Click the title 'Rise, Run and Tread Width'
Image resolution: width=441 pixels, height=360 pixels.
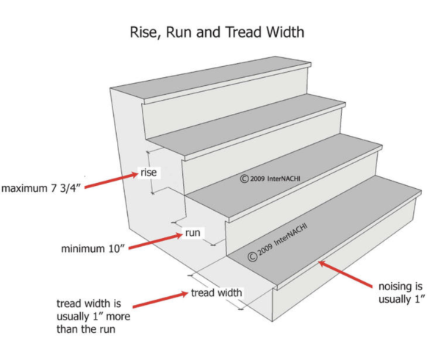coord(217,32)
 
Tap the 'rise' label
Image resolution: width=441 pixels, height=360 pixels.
coord(148,172)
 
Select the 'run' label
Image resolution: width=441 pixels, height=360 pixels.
coord(193,233)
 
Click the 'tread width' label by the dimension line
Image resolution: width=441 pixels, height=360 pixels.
coord(217,292)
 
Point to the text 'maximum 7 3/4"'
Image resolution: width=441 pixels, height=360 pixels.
coord(41,188)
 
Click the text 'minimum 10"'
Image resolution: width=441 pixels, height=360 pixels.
coord(93,248)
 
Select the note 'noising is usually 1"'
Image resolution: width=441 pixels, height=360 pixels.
coord(401,292)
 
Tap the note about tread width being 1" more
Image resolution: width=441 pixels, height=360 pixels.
coord(93,316)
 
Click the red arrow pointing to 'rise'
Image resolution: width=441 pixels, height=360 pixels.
coord(111,181)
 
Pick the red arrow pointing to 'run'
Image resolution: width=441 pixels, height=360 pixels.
coord(156,241)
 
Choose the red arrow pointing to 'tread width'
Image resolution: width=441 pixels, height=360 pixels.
coord(160,300)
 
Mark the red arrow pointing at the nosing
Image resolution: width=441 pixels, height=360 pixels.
coord(345,274)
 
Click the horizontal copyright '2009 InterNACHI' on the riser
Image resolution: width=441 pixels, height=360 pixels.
coord(270,179)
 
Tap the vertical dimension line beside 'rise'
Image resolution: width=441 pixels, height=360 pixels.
coord(150,172)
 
